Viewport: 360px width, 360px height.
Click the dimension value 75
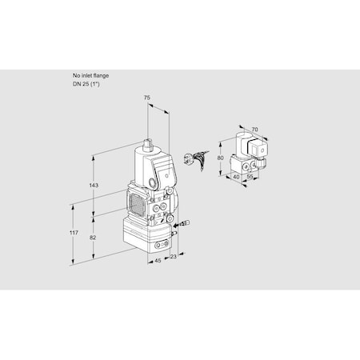tap(146, 98)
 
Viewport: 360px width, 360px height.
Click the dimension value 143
tap(93, 186)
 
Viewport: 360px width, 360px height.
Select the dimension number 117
tap(74, 233)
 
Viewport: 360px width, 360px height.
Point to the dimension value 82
tap(94, 239)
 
